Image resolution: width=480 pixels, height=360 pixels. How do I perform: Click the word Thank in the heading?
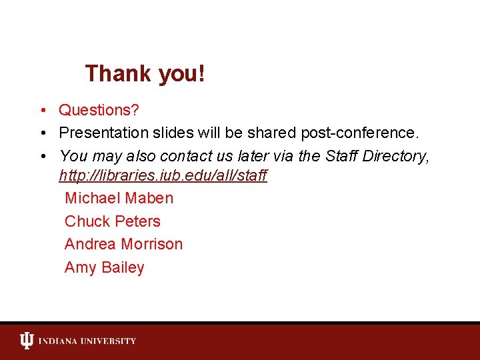pos(119,73)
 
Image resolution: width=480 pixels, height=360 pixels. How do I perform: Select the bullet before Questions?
pos(42,110)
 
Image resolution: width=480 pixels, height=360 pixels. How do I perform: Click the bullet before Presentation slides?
pos(42,133)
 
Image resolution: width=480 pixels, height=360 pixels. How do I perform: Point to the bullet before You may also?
pos(42,157)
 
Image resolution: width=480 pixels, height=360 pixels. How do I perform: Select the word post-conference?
pos(360,133)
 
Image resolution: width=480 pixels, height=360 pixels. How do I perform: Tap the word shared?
pos(272,133)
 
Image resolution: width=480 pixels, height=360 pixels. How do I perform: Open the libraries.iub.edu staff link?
pos(163,176)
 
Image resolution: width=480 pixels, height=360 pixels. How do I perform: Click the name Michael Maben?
pos(119,199)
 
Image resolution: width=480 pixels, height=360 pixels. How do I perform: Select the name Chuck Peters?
pos(113,221)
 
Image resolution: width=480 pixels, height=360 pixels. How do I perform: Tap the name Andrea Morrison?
pos(123,245)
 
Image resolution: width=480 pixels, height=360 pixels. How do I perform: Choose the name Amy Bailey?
pos(105,268)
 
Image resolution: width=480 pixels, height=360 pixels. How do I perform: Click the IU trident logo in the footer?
pos(26,341)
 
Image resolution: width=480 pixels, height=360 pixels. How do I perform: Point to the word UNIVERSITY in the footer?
pos(109,341)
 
